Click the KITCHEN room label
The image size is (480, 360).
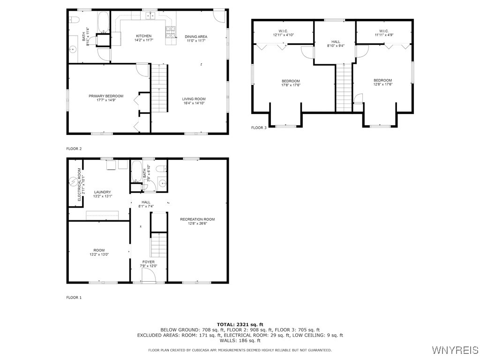click(143, 36)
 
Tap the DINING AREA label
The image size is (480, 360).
click(195, 37)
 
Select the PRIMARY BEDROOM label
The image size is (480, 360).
click(106, 96)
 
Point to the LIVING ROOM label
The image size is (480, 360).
click(194, 99)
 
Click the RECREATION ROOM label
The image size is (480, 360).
click(197, 219)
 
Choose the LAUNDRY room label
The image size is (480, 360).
click(102, 192)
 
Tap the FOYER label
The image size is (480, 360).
click(148, 262)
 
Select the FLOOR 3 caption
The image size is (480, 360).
click(259, 127)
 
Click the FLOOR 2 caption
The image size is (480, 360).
click(74, 149)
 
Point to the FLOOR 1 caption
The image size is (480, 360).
click(74, 297)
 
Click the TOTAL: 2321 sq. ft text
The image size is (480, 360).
click(240, 324)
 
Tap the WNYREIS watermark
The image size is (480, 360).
click(455, 350)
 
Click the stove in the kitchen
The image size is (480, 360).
click(169, 32)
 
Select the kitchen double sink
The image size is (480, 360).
click(150, 16)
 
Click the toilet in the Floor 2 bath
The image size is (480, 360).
click(74, 20)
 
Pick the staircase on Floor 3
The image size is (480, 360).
click(344, 88)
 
